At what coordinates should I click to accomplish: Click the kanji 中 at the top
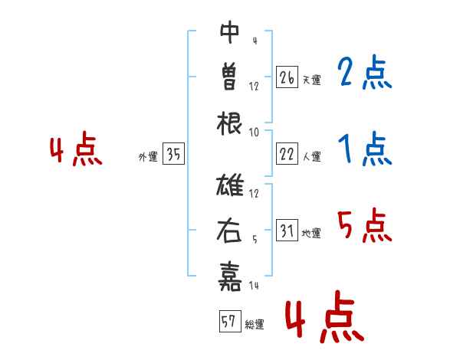coord(230,31)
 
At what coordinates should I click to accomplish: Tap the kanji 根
coord(230,120)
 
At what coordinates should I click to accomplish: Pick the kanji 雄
coord(230,186)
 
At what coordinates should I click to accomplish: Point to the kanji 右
coord(230,231)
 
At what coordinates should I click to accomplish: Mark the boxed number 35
coord(173,155)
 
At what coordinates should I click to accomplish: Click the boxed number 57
coord(228,322)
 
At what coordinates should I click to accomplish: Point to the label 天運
coord(311,80)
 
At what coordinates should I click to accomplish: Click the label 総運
coord(254,325)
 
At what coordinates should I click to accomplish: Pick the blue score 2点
coord(364,74)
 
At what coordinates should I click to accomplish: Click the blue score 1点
coord(364,149)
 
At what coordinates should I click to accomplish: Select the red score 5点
coord(364,226)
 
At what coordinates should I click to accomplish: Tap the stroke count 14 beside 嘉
coord(254,285)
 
